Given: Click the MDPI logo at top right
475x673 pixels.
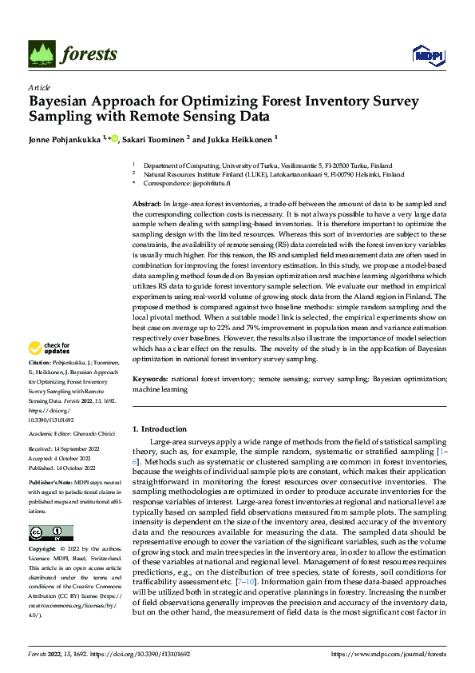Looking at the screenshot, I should (x=427, y=54).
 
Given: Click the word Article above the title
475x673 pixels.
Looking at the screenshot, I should (x=38, y=87).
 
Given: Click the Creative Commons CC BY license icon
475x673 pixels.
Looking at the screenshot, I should (x=50, y=532).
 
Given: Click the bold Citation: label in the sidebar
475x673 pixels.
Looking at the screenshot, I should (x=42, y=362).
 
